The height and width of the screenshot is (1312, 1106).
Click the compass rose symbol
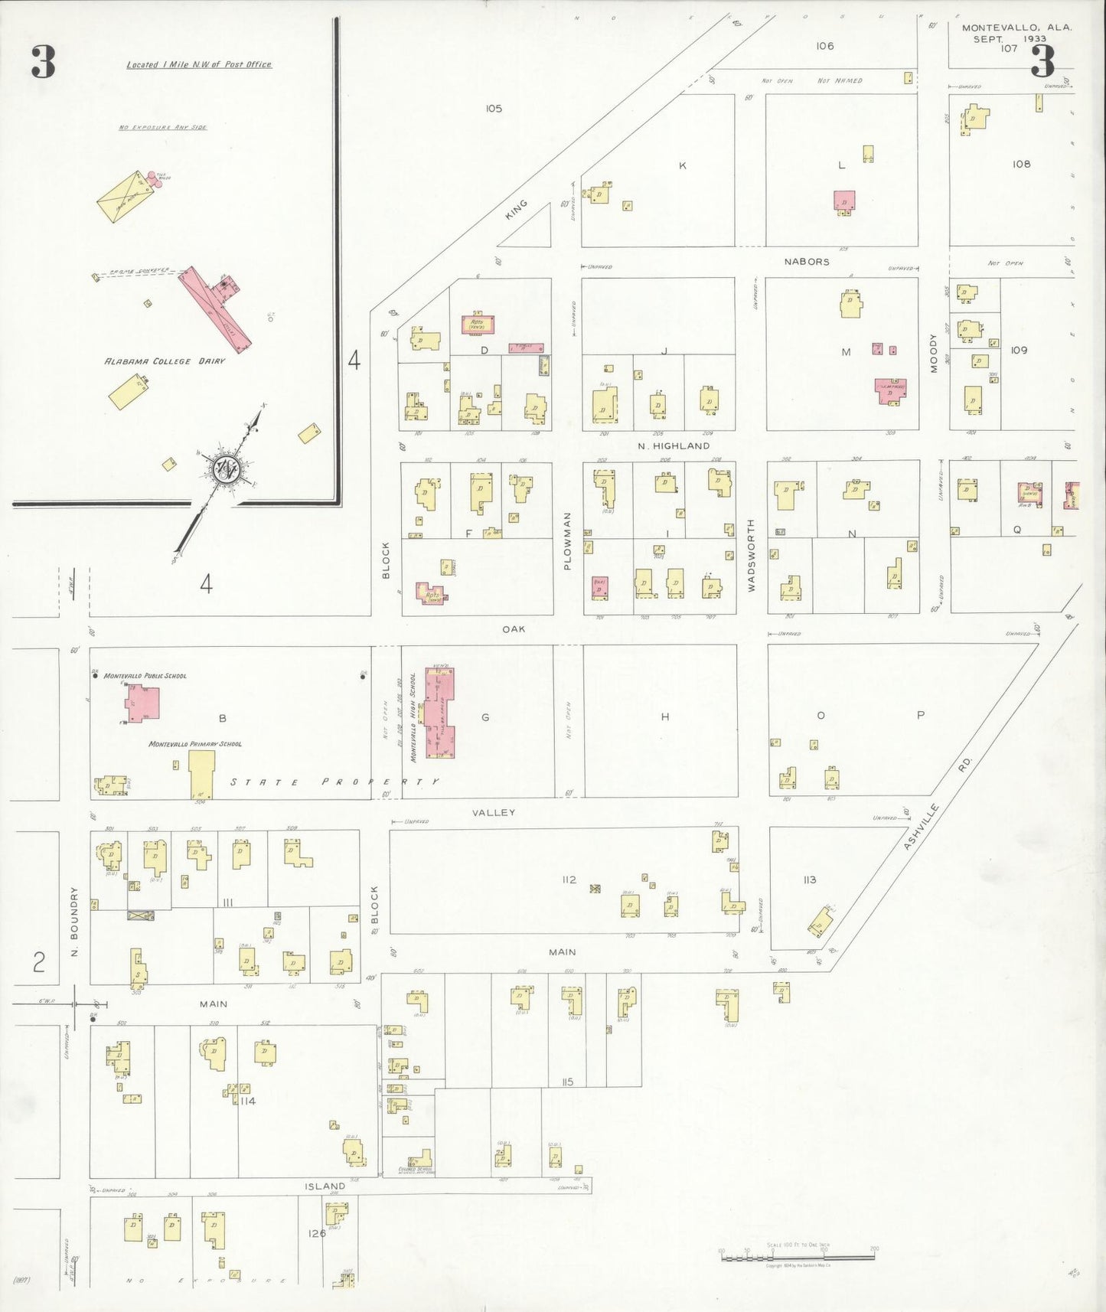click(x=228, y=468)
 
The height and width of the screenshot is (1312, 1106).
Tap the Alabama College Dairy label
click(x=165, y=361)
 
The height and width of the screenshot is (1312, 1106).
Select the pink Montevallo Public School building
click(x=143, y=703)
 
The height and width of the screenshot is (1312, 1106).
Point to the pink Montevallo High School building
click(x=440, y=713)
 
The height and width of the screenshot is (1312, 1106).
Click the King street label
click(x=517, y=210)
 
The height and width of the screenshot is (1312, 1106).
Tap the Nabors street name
click(x=807, y=262)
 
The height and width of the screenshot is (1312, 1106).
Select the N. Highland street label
click(x=674, y=445)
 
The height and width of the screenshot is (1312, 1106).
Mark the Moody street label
click(x=934, y=353)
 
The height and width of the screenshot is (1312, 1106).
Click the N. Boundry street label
click(x=74, y=922)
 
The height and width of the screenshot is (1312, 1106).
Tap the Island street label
click(x=325, y=1186)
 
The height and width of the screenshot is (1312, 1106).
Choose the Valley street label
click(x=494, y=812)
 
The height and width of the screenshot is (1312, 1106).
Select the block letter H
click(x=665, y=716)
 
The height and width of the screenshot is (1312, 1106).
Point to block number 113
click(x=810, y=880)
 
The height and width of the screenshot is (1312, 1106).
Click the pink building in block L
click(x=844, y=201)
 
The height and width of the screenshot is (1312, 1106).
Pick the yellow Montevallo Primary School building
click(x=202, y=774)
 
